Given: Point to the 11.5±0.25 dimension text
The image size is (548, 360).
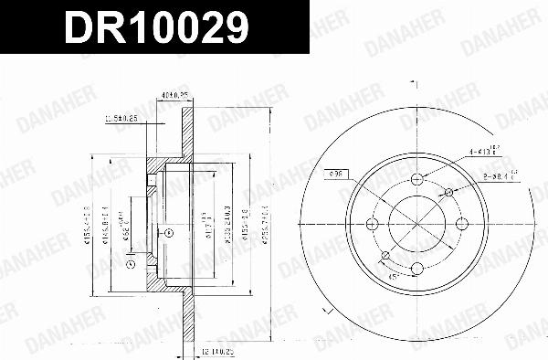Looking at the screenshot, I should (x=121, y=118).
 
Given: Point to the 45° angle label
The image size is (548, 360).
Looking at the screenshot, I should (x=394, y=274).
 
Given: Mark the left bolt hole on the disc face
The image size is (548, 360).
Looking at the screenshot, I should (x=373, y=224).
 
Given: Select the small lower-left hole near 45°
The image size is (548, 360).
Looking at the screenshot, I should (x=385, y=255).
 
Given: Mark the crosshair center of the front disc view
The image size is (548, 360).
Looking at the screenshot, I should (x=416, y=224).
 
